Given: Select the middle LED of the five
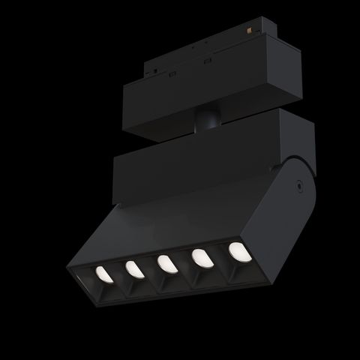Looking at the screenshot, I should (166, 263).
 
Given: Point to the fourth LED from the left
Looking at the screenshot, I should (201, 257).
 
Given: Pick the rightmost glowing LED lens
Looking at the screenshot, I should (237, 250).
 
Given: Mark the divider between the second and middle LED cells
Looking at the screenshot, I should (149, 271).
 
